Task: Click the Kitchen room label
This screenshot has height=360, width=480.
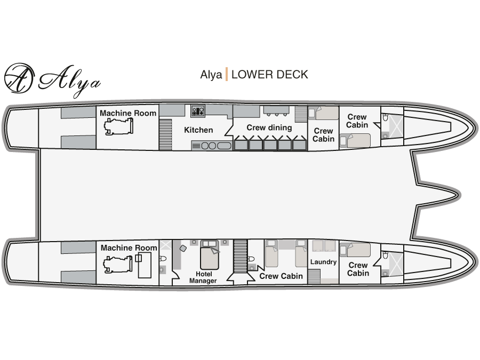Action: click(x=198, y=130)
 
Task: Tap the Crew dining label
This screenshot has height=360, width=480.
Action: click(x=269, y=127)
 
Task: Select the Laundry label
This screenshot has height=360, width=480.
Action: click(x=323, y=262)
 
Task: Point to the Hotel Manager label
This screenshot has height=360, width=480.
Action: click(x=203, y=277)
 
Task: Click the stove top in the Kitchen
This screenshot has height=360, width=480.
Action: click(x=198, y=111)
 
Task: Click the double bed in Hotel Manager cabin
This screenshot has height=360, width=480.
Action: click(x=210, y=255)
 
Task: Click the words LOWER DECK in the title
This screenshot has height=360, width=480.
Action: click(x=269, y=75)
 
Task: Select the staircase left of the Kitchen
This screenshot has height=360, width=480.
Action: click(x=165, y=135)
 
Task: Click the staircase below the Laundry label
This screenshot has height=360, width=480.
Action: click(x=314, y=276)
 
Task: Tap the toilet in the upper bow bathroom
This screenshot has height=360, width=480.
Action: click(x=386, y=117)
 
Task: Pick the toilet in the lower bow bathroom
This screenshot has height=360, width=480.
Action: click(x=386, y=255)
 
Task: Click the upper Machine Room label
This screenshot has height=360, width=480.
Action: click(x=128, y=113)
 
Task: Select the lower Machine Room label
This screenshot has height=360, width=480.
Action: click(x=129, y=247)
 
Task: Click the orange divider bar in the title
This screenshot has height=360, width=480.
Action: click(x=227, y=74)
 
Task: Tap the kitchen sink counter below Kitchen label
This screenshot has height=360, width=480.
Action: click(x=212, y=146)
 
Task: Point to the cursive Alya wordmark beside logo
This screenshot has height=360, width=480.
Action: click(x=69, y=80)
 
